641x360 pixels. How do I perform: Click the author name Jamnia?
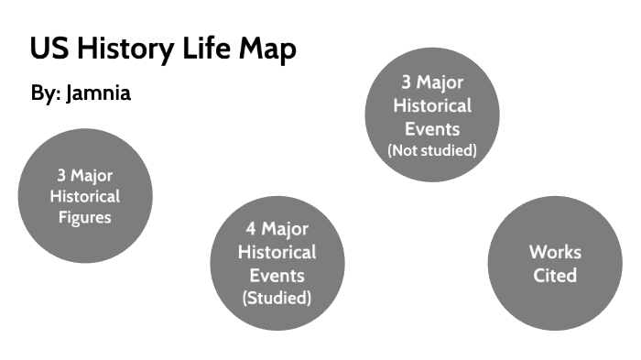(99, 93)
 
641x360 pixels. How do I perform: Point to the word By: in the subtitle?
(45, 93)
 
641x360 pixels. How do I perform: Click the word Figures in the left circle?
(84, 217)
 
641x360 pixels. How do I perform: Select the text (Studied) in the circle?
(277, 298)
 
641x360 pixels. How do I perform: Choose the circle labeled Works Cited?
(555, 264)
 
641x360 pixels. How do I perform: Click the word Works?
(555, 252)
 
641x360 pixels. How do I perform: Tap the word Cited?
(555, 275)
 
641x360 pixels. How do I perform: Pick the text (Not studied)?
(432, 150)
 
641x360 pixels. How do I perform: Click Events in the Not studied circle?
(432, 128)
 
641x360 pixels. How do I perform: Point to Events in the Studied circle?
(277, 275)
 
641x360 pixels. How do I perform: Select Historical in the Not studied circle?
(432, 105)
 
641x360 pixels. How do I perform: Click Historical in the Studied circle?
(277, 252)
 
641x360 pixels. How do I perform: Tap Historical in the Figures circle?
(84, 196)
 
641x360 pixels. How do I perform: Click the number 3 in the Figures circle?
(60, 175)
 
